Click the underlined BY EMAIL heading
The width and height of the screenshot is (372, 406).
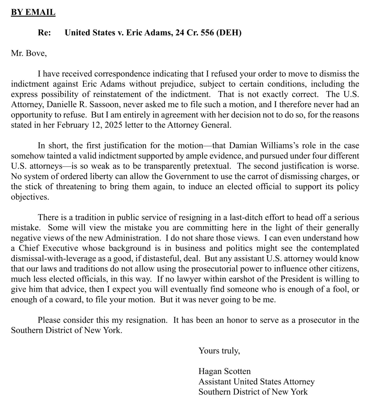pos(33,12)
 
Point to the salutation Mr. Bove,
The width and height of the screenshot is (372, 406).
pos(29,53)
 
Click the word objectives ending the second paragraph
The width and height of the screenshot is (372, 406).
pos(30,197)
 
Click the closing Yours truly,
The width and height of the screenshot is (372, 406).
pos(219,351)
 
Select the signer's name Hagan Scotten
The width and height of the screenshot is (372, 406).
pos(225,371)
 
